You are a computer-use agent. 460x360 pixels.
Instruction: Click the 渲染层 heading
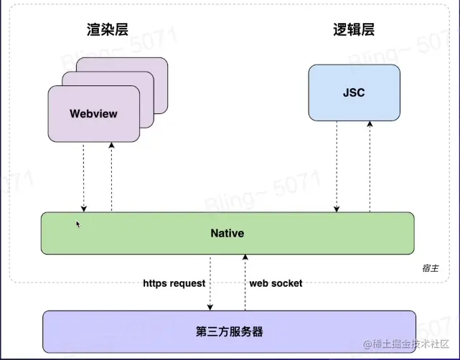coord(108,29)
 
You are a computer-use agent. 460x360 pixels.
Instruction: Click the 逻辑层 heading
coord(354,29)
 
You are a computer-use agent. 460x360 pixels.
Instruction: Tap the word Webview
coord(93,113)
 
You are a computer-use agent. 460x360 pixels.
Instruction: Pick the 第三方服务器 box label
coord(229,331)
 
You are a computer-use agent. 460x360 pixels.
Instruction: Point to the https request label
coord(174,283)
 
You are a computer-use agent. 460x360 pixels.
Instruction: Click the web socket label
coord(276,283)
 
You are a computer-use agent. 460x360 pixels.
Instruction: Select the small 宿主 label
coord(431,267)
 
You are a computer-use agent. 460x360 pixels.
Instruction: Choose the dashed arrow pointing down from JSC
coord(336,165)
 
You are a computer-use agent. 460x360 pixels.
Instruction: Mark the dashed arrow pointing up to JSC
coord(370,165)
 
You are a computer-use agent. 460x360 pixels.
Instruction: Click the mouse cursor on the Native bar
coord(78,224)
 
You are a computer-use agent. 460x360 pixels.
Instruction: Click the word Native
coord(227,233)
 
